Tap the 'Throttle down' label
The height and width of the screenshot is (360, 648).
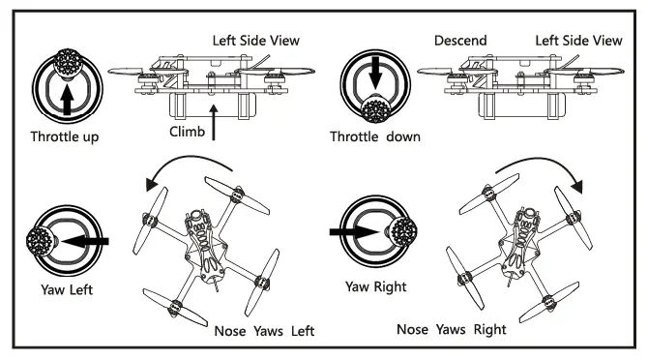(x=375, y=136)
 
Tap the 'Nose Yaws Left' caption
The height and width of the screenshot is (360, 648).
(x=263, y=331)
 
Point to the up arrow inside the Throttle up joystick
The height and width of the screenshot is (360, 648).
(x=66, y=97)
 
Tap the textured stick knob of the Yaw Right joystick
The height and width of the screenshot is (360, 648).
(x=400, y=232)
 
